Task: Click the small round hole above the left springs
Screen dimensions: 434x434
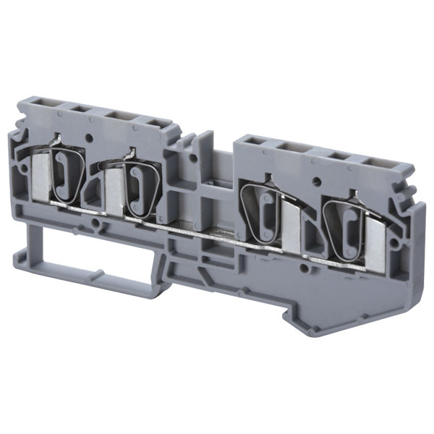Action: coord(90,135)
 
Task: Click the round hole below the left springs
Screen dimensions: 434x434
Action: coord(97,225)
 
